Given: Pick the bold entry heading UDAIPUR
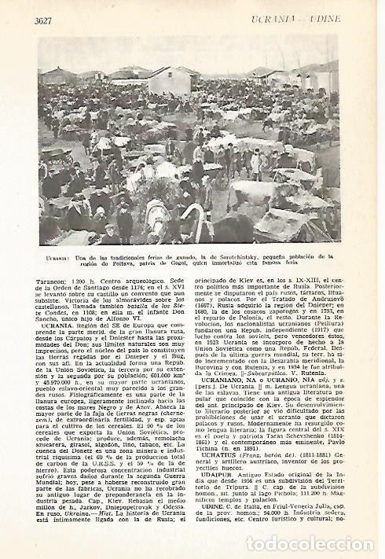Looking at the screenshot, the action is click(x=221, y=474).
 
